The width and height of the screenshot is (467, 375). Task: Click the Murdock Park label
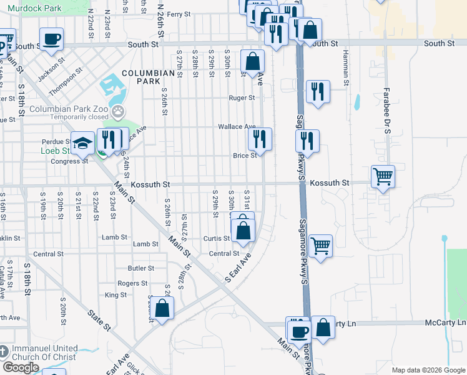(35, 8)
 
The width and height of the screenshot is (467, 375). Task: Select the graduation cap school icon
(82, 144)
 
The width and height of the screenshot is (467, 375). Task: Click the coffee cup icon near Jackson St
(51, 39)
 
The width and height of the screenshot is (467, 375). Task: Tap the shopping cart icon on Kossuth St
(382, 176)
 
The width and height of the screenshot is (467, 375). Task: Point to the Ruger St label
(242, 98)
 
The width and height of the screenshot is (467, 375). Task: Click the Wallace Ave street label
(237, 127)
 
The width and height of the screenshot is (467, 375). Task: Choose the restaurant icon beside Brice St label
(260, 139)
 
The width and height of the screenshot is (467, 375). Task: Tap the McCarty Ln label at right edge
(452, 323)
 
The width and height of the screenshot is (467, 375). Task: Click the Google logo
(21, 367)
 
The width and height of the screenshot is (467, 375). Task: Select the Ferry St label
(178, 14)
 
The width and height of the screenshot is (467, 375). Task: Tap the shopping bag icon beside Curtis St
(243, 231)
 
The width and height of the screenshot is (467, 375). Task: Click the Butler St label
(140, 268)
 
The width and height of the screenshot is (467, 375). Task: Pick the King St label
(116, 295)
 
